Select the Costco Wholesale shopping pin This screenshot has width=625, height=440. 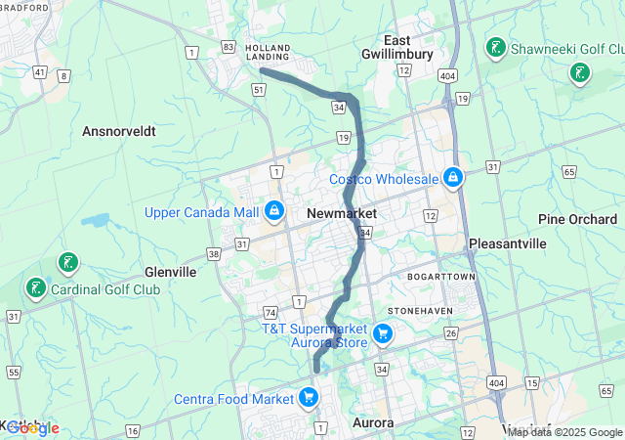(x=452, y=178)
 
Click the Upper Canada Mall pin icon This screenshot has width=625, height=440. (x=274, y=211)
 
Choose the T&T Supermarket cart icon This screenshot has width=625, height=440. (x=382, y=335)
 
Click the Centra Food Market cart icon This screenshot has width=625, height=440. (x=308, y=397)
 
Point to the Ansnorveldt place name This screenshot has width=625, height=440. (x=119, y=130)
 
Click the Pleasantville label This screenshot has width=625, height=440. (x=507, y=242)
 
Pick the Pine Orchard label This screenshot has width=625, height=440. (x=577, y=219)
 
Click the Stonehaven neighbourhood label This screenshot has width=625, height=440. (x=418, y=310)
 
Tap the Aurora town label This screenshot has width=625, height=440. (x=371, y=422)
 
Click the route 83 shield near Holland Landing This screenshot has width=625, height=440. (x=228, y=46)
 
